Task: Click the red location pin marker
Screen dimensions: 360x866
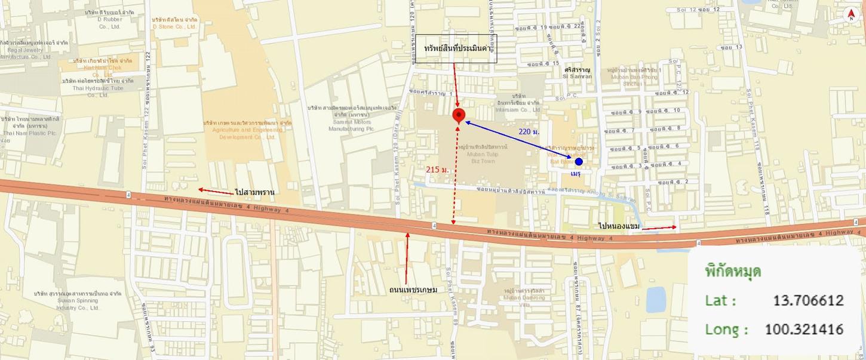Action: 458,115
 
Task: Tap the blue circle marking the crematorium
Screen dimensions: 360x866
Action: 578,162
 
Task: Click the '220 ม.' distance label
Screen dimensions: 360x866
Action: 529,131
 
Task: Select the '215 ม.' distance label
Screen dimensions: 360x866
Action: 437,170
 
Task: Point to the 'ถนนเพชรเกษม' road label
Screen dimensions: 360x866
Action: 413,290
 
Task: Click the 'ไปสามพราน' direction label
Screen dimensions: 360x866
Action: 254,192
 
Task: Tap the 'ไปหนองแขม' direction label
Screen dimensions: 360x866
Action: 619,226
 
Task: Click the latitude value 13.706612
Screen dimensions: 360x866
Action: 808,300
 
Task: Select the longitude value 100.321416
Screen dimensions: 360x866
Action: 804,329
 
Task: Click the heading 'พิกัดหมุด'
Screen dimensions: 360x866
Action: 733,272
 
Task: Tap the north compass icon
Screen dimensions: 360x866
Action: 851,16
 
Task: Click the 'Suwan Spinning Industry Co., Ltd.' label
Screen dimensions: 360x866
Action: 78,301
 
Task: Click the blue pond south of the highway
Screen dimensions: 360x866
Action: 655,299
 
